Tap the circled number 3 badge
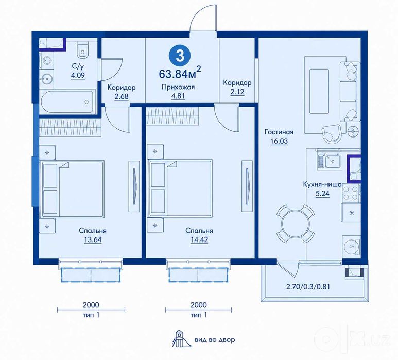tap(180, 56)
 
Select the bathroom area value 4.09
tap(78, 75)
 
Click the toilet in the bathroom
tap(82, 50)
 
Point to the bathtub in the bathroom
tap(68, 102)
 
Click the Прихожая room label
tap(178, 87)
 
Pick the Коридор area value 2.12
tap(237, 91)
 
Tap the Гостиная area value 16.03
tap(279, 141)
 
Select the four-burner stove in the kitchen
tap(351, 193)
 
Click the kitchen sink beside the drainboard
tap(332, 161)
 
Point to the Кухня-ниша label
tap(322, 184)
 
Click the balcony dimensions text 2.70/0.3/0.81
tap(308, 287)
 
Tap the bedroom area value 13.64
tap(93, 239)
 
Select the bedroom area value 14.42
tap(199, 239)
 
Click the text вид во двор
tap(215, 340)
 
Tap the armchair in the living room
tap(331, 133)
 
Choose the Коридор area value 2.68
tap(122, 96)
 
